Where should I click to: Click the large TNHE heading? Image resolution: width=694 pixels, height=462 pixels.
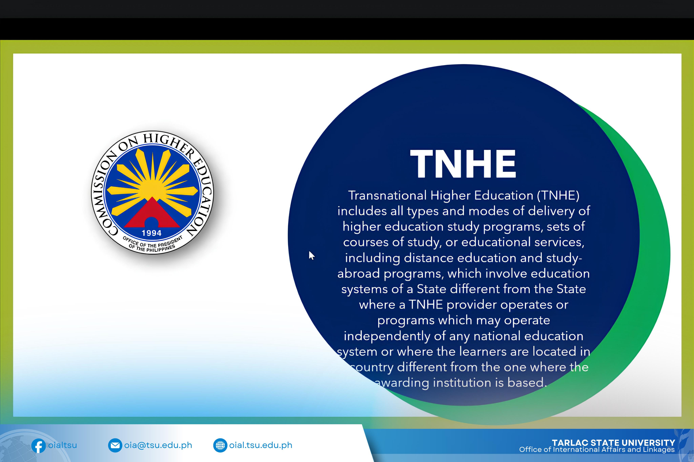(463, 164)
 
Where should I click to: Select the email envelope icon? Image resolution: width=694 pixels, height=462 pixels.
(115, 445)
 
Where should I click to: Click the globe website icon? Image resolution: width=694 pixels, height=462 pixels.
(220, 445)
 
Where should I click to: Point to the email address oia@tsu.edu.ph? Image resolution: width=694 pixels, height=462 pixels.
(158, 445)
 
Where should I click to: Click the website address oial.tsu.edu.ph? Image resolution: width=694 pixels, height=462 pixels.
(261, 445)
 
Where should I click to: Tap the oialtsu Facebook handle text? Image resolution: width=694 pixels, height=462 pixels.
(63, 445)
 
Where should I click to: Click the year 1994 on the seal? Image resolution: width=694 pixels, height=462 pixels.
(152, 233)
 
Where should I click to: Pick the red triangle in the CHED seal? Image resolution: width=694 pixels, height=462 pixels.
(152, 214)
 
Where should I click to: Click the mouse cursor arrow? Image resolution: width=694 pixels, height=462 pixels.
(311, 256)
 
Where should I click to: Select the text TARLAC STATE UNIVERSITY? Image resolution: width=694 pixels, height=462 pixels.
(614, 443)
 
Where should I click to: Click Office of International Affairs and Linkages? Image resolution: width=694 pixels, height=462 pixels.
(597, 450)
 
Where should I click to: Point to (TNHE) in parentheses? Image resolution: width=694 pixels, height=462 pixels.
(558, 195)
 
